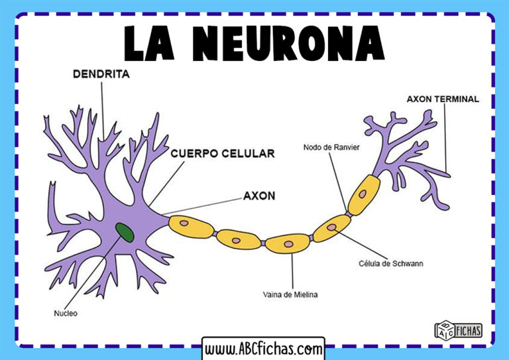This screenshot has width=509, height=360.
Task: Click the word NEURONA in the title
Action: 292,44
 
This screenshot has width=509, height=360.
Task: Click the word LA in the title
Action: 156,44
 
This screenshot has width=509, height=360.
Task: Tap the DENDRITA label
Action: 101,75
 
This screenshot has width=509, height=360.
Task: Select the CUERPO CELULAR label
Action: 222,153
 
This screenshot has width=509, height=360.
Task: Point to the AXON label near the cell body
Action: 259,196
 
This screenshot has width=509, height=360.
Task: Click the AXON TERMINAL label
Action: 442,99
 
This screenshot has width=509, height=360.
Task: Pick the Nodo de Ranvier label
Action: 331,147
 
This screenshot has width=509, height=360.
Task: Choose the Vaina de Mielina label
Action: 290,294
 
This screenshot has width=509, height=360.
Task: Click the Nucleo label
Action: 65,313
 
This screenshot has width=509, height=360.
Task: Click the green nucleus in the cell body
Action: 124,231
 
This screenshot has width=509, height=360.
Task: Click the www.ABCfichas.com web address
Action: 263,348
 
